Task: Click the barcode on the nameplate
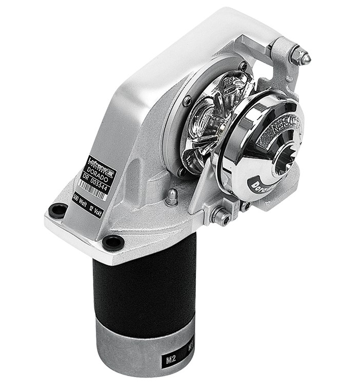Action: [92, 189]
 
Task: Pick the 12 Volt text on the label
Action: [94, 207]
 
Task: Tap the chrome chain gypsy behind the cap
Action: [210, 118]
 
